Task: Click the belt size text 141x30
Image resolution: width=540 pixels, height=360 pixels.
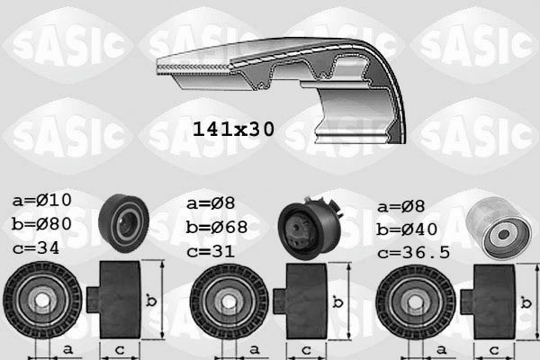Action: point(233,128)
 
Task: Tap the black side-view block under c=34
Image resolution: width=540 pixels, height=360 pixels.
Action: point(119,299)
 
